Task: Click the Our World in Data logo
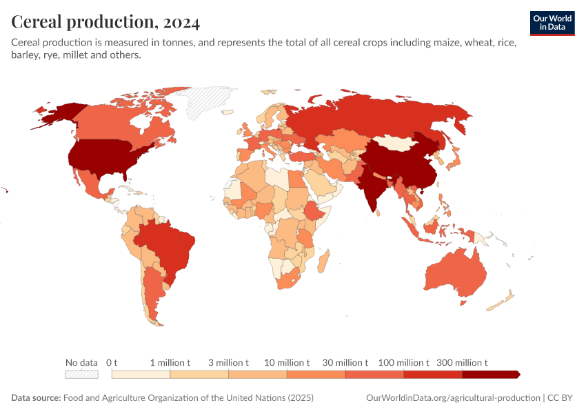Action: pos(552,23)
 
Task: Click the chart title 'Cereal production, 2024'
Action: pos(105,22)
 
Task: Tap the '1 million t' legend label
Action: pos(170,362)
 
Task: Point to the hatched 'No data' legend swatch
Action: pos(81,375)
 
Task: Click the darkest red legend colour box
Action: pos(489,375)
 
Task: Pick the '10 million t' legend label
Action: pos(287,362)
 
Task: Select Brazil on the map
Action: pos(169,245)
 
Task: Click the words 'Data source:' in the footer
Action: pos(36,398)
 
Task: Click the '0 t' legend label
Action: pos(112,362)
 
